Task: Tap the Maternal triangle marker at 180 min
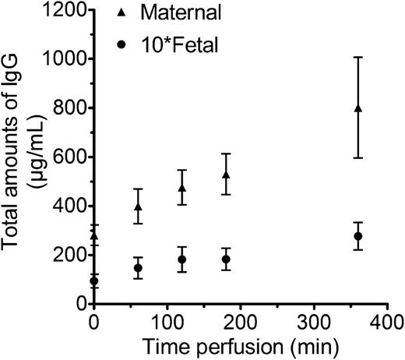[x=226, y=175]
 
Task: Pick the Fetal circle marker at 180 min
[x=226, y=259]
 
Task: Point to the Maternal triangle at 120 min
[x=182, y=188]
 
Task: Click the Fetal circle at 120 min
[x=182, y=259]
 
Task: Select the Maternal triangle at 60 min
[x=138, y=207]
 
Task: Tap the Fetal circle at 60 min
[x=138, y=268]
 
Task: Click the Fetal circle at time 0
[x=94, y=281]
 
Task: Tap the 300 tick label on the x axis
[x=314, y=321]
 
